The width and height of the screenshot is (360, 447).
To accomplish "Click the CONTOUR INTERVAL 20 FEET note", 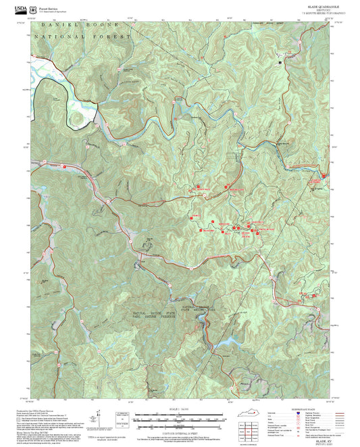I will pyautogui.click(x=179, y=423).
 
